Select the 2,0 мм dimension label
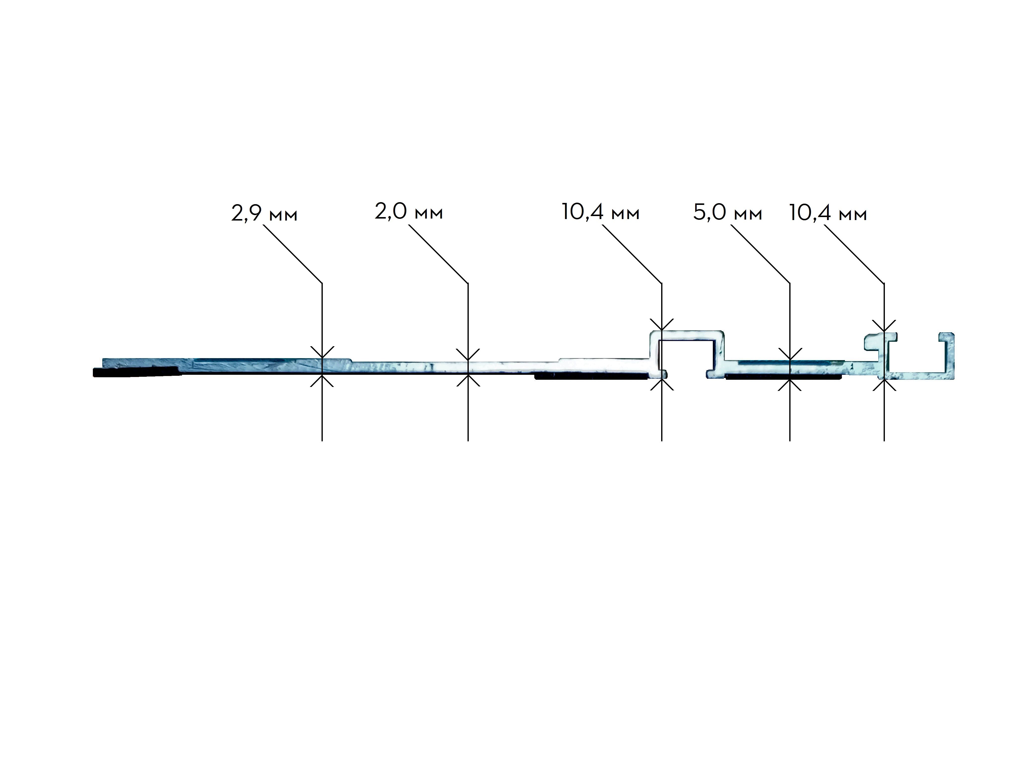point(409,212)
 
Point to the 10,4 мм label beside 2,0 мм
point(600,212)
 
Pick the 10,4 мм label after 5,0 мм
point(828,213)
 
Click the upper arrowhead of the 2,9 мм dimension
point(322,353)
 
